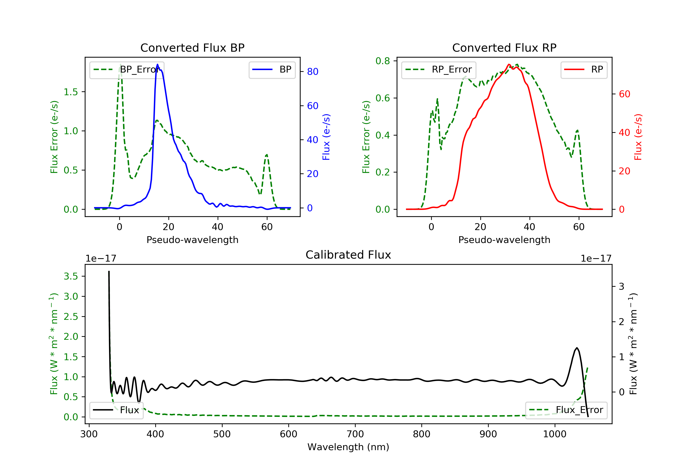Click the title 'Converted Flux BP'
click(x=192, y=48)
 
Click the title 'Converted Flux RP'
click(x=504, y=48)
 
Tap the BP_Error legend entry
click(x=127, y=70)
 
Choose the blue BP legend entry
click(x=272, y=70)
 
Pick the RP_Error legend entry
click(x=439, y=70)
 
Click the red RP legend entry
click(x=584, y=70)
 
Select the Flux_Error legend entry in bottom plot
click(x=566, y=410)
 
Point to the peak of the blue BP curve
click(x=157, y=64)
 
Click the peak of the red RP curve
click(x=509, y=64)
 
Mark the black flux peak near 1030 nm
click(x=577, y=348)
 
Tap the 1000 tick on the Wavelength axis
click(x=554, y=434)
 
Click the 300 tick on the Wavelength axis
click(x=89, y=434)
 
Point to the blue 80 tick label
click(x=312, y=72)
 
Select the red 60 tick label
click(x=624, y=94)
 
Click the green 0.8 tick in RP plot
click(x=383, y=61)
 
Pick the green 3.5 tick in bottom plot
click(x=71, y=276)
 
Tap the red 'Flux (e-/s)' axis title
click(x=638, y=137)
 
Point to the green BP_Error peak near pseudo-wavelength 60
click(x=267, y=155)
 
